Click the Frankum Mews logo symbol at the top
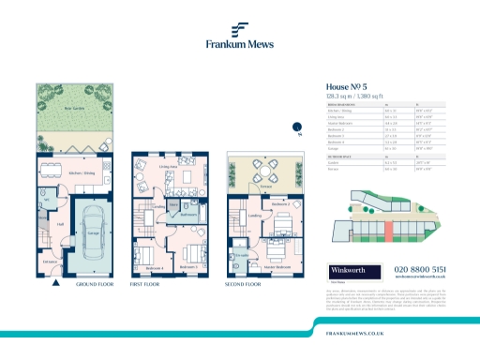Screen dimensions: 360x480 [x=240, y=28]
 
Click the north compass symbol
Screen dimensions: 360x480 [x=296, y=127]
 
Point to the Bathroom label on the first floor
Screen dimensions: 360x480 [x=187, y=213]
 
